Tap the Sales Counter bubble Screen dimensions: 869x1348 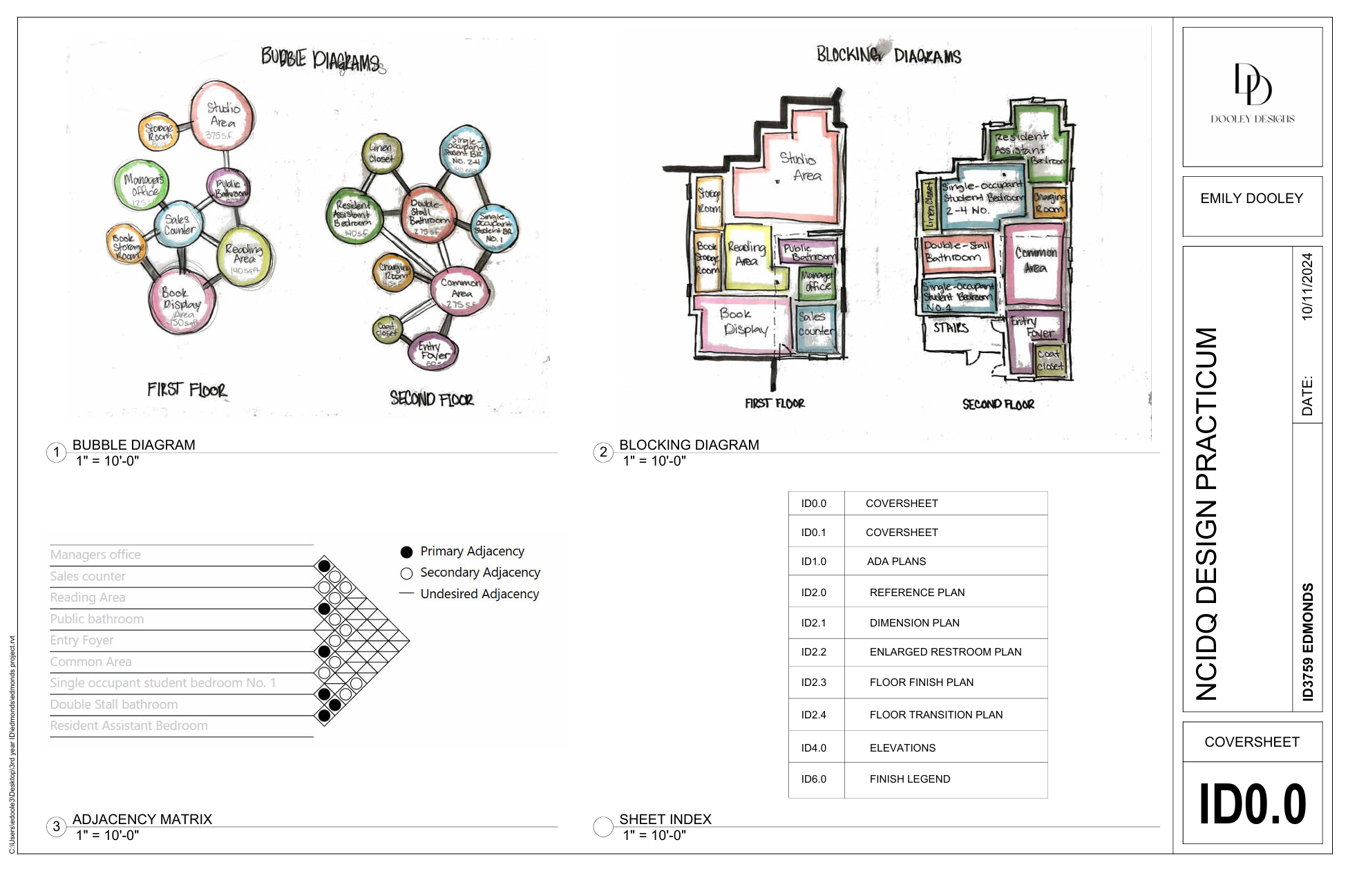pos(179,225)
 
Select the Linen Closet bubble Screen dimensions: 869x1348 pos(381,153)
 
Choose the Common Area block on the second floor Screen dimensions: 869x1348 pos(1035,262)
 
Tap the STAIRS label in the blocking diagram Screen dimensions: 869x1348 pos(951,327)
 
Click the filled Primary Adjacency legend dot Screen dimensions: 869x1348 pos(406,552)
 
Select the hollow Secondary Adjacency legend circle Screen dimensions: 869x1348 pos(406,573)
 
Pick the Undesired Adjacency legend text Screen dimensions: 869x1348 pos(480,594)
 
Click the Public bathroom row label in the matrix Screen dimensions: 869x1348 pos(97,619)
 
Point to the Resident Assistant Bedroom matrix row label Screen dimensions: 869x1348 pos(129,725)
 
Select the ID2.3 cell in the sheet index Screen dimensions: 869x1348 pos(814,682)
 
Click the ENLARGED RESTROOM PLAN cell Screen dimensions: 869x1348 pos(945,652)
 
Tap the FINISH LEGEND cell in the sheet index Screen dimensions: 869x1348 pos(909,779)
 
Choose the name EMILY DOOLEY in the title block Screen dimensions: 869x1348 pos(1251,199)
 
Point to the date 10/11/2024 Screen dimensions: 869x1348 pos(1307,286)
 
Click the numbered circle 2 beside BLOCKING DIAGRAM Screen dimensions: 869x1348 pos(603,452)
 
